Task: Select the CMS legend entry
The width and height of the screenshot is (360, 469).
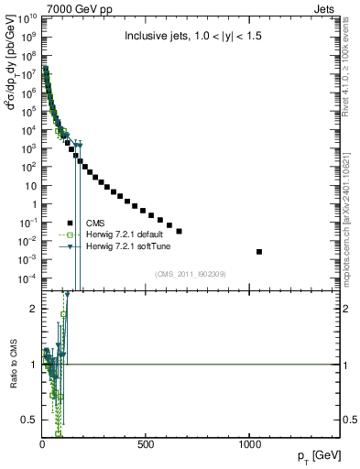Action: click(94, 223)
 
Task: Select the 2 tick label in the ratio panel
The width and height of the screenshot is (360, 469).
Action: click(32, 309)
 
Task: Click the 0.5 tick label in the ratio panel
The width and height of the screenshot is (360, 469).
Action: click(28, 420)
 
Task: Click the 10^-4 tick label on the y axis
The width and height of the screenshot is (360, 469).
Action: click(27, 278)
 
